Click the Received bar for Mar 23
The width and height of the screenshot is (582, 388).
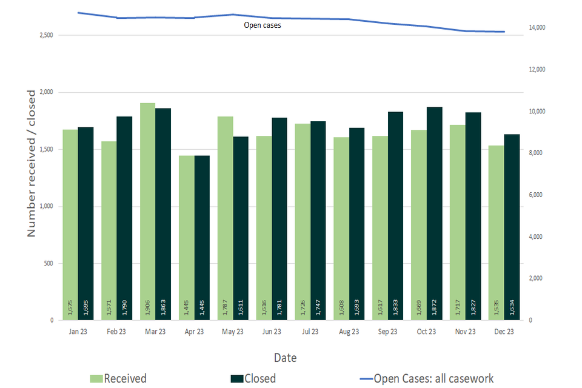tap(148, 212)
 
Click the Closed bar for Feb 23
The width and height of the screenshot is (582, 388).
tap(124, 218)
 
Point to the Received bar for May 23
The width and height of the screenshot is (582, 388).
tap(226, 218)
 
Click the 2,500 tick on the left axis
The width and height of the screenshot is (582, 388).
tap(46, 36)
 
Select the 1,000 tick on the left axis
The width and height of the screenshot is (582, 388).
tap(46, 207)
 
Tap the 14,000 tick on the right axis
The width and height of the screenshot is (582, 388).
tap(538, 28)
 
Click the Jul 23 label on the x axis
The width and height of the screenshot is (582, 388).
tap(310, 332)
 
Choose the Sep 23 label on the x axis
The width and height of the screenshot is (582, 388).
tap(388, 332)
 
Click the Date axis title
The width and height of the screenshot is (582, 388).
tap(285, 358)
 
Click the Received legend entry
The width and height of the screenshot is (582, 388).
tap(118, 379)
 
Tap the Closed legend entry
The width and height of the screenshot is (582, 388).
tap(253, 379)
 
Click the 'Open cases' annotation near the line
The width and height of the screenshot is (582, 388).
tap(262, 25)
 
